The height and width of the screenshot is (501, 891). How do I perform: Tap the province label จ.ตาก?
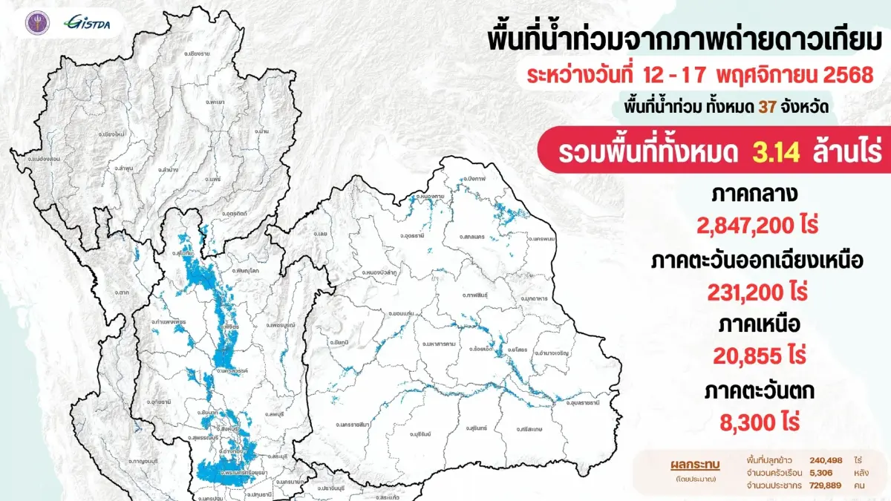122,292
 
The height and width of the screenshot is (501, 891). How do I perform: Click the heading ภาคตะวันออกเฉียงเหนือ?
759,262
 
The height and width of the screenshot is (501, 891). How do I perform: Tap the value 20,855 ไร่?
759,355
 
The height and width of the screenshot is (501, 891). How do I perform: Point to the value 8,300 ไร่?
759,424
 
